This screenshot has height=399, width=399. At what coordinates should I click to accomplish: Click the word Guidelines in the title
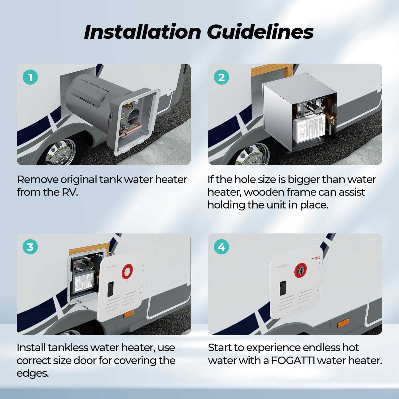click(260, 32)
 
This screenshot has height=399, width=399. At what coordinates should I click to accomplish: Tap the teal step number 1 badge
click(30, 77)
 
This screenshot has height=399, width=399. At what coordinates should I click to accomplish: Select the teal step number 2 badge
click(221, 77)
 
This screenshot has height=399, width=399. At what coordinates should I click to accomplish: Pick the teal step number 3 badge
click(30, 247)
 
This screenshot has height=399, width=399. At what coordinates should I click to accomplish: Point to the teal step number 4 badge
click(221, 247)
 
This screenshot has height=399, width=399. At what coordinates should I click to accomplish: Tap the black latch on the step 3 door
click(110, 289)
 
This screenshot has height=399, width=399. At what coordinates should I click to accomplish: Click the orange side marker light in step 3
click(129, 314)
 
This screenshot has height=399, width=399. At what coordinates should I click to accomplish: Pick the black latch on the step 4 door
click(283, 288)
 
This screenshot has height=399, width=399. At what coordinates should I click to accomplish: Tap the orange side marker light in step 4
click(343, 323)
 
